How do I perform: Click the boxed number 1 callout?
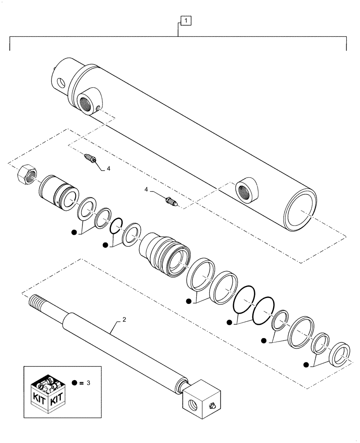tap(186, 20)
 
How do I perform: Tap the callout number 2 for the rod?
tap(125, 319)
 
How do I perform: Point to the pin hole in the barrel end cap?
tap(60, 82)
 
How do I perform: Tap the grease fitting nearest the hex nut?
tap(90, 158)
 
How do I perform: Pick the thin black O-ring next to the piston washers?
tap(116, 225)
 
